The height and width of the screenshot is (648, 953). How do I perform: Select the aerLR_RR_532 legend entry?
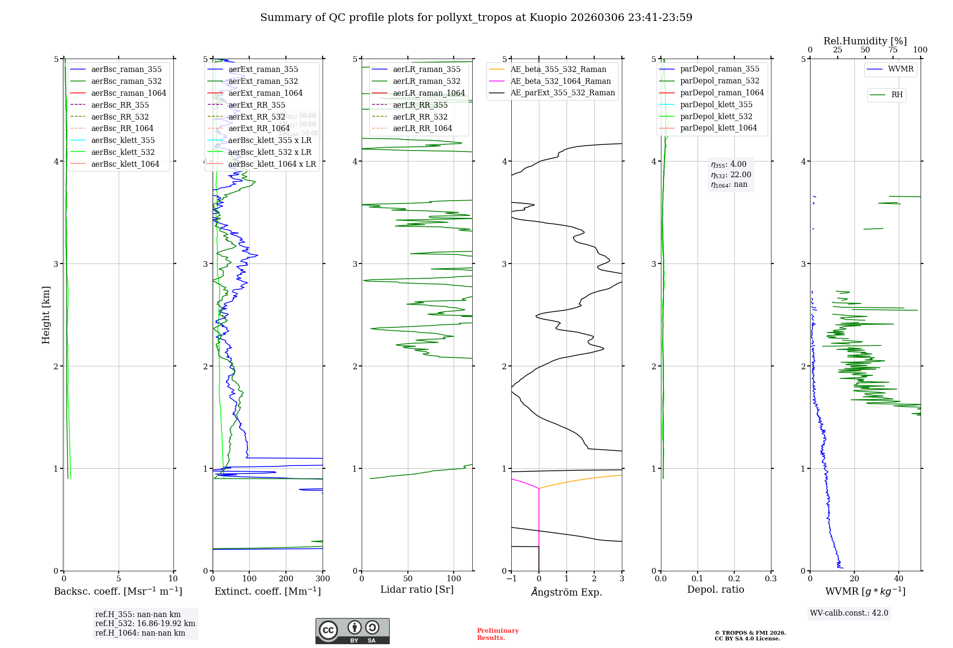pyautogui.click(x=420, y=117)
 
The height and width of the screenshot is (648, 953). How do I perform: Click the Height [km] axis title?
pyautogui.click(x=46, y=315)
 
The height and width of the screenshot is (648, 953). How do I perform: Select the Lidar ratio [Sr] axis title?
pyautogui.click(x=417, y=589)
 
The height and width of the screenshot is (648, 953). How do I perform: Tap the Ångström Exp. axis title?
pyautogui.click(x=567, y=592)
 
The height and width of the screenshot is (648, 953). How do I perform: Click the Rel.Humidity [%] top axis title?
pyautogui.click(x=865, y=41)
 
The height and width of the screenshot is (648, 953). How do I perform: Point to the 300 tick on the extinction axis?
pyautogui.click(x=323, y=579)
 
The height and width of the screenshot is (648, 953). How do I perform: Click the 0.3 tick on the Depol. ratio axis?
pyautogui.click(x=771, y=579)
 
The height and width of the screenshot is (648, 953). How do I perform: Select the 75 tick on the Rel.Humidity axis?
pyautogui.click(x=892, y=50)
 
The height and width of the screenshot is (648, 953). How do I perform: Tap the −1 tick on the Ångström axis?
pyautogui.click(x=511, y=579)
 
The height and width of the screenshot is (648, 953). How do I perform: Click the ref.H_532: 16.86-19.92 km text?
pyautogui.click(x=145, y=623)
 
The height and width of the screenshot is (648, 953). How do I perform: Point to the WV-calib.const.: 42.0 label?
pyautogui.click(x=849, y=613)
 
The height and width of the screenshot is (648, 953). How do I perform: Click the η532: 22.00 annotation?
pyautogui.click(x=731, y=175)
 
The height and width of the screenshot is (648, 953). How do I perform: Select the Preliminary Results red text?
pyautogui.click(x=497, y=634)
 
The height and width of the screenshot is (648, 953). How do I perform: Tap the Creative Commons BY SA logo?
pyautogui.click(x=352, y=631)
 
